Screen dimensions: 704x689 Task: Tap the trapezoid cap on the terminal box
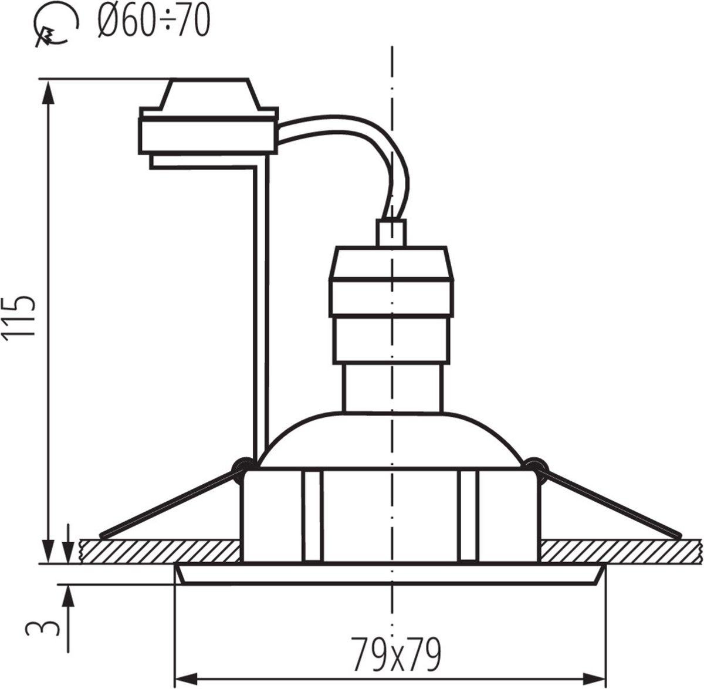tap(210, 93)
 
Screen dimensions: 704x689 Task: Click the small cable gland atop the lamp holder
tap(391, 233)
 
